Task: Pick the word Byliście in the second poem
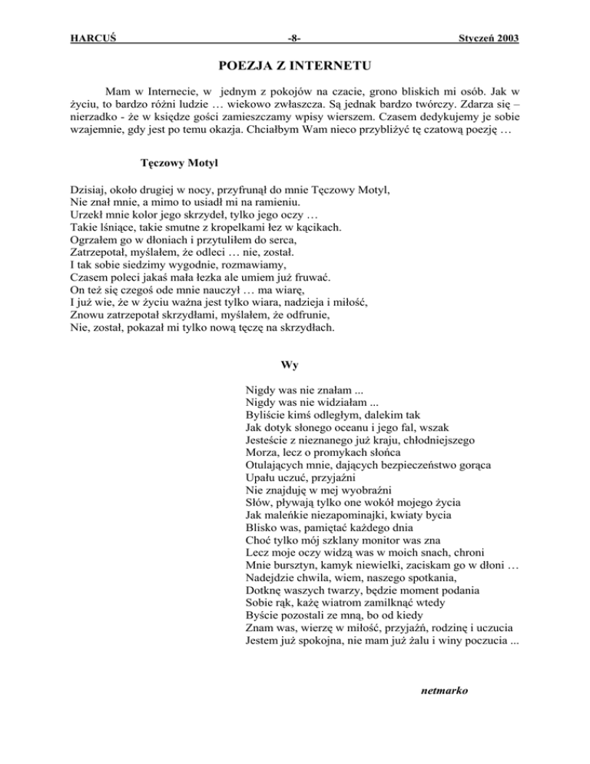pos(266,413)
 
